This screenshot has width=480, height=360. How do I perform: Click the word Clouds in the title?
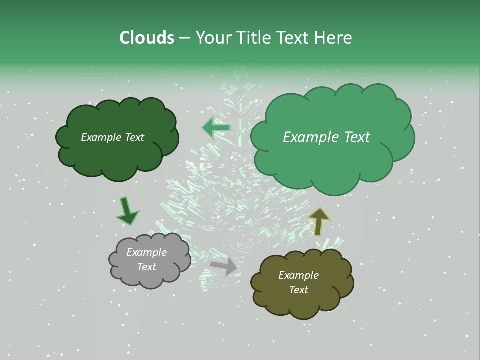coord(146,38)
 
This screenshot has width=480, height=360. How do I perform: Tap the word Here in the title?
coord(333,38)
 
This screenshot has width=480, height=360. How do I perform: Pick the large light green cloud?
coord(330,160)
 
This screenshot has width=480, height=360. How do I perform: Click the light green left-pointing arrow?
coord(216,128)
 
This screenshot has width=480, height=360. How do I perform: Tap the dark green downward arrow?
coord(127,211)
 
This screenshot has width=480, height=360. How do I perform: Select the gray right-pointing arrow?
coord(224,266)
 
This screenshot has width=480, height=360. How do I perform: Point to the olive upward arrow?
coord(319,221)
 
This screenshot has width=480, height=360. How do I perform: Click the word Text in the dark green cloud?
coord(134,137)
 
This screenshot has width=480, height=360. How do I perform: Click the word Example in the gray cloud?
coord(147,252)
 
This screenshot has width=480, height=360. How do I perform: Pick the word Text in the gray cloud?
coord(147,267)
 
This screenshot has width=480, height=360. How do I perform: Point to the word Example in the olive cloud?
coord(298,275)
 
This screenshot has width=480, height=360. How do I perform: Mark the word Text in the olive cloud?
coord(298,290)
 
